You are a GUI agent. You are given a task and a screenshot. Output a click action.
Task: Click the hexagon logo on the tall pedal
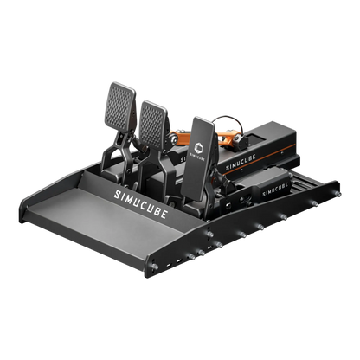(x=198, y=148)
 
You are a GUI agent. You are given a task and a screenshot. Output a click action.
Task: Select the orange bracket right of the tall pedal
(x=230, y=135)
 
